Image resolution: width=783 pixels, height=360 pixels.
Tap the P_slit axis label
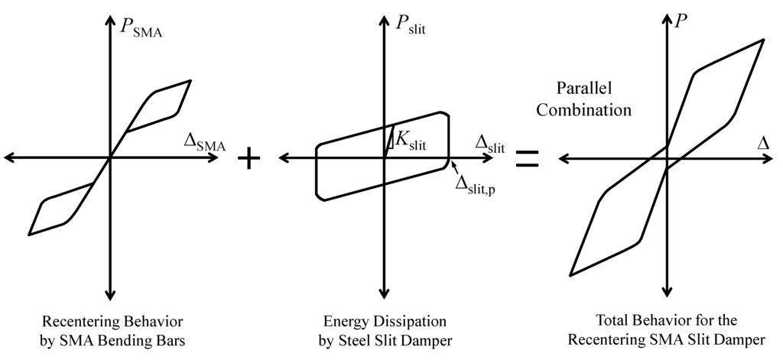(x=411, y=28)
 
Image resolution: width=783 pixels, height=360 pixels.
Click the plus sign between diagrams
(x=249, y=158)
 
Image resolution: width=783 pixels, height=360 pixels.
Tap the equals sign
(x=528, y=158)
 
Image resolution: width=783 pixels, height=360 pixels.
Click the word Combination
(x=583, y=109)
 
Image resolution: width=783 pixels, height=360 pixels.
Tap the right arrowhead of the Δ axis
(x=770, y=158)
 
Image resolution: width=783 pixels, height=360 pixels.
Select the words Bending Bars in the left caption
(x=150, y=339)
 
